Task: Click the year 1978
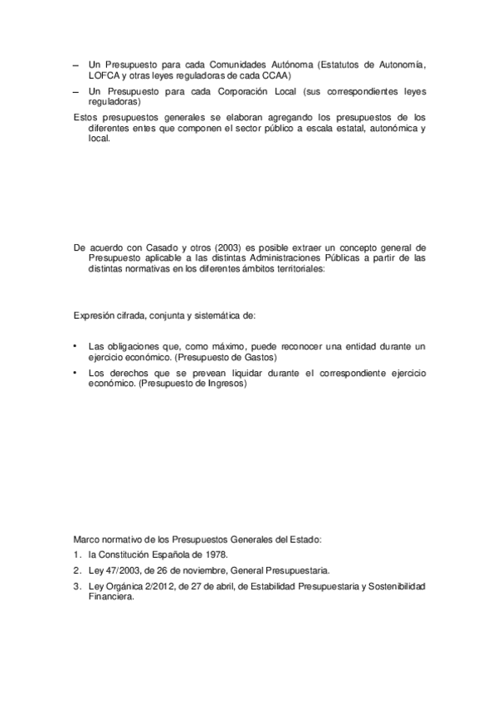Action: point(212,555)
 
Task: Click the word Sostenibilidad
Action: point(396,587)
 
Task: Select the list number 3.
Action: point(76,587)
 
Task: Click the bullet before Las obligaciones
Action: point(76,345)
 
